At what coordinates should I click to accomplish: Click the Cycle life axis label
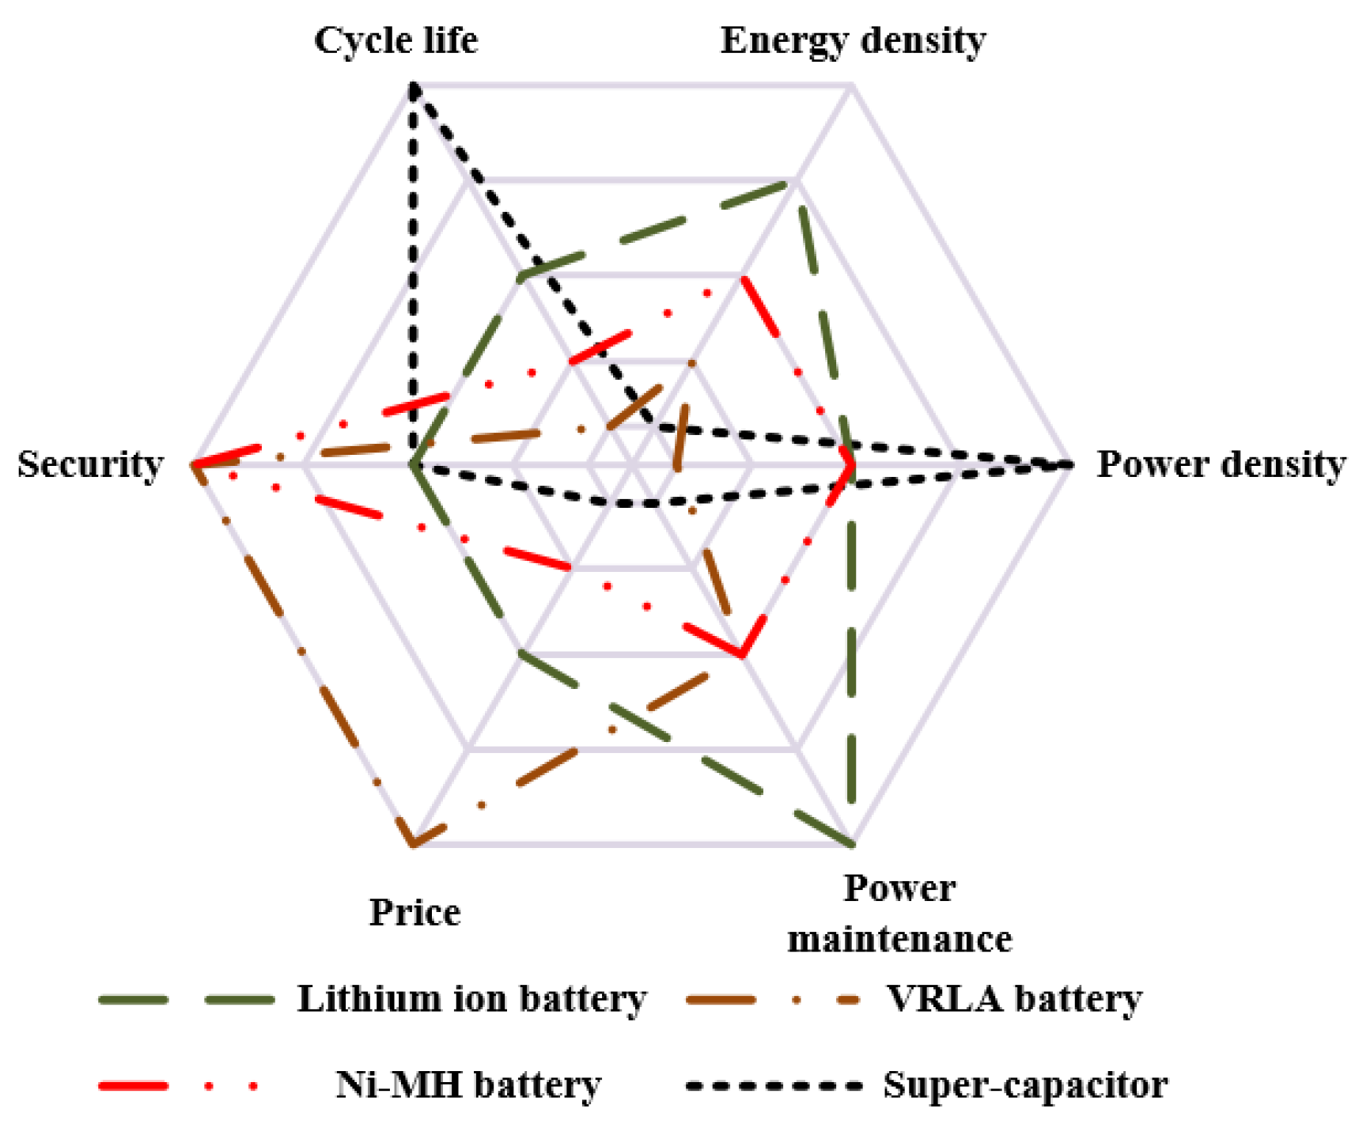point(396,40)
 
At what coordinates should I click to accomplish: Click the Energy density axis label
point(853,40)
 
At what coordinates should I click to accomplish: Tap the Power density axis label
point(1221,464)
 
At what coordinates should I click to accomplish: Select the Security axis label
point(90,464)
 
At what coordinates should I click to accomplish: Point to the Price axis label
point(415,912)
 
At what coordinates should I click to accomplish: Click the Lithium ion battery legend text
point(471,999)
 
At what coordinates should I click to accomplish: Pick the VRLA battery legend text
point(1014,999)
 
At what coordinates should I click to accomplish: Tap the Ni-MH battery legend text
point(468,1084)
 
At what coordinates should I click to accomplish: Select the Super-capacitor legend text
point(1025,1084)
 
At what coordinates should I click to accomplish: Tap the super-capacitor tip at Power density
point(1068,465)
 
